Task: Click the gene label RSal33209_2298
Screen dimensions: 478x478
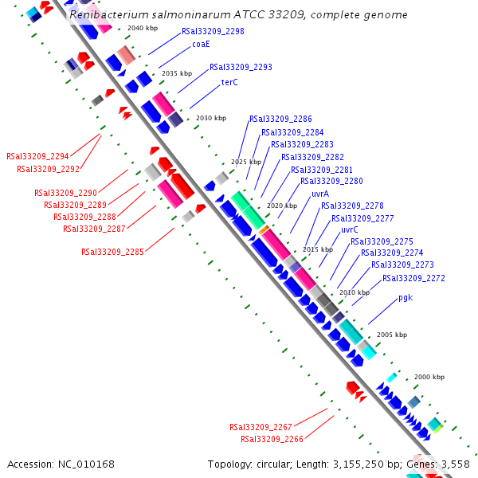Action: click(x=213, y=32)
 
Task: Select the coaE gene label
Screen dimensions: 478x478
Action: click(x=201, y=45)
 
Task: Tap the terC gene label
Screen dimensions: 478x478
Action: click(x=229, y=82)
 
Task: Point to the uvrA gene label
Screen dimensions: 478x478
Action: click(x=320, y=194)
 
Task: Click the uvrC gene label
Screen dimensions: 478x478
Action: click(x=349, y=229)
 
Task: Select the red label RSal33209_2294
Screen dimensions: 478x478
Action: click(x=37, y=157)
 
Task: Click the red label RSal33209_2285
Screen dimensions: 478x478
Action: click(x=112, y=252)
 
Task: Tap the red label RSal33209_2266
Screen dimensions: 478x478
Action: click(x=272, y=439)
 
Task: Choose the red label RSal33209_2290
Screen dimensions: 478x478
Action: click(x=65, y=193)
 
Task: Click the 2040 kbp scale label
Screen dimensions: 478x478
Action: click(x=143, y=28)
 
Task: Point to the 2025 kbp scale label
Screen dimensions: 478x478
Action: click(x=246, y=162)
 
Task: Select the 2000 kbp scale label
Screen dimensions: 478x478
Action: click(x=429, y=376)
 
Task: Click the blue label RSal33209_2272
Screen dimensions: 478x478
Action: click(x=413, y=278)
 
